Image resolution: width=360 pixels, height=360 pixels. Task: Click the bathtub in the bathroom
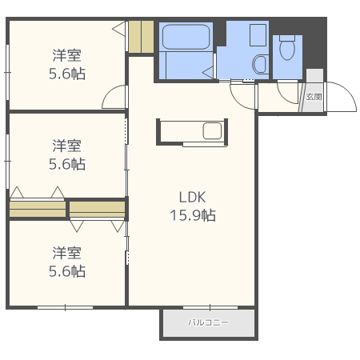pos(186,37)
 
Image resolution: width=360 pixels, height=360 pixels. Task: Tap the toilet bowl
pos(287,50)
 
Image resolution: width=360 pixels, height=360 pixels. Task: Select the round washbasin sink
pos(260,64)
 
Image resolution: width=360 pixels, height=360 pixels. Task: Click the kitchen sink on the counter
pos(212,131)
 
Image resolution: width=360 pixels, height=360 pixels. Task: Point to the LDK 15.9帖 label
pos(193,206)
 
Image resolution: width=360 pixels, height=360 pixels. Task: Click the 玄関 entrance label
pos(314,97)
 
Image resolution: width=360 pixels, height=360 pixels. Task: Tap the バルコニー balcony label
pos(208,322)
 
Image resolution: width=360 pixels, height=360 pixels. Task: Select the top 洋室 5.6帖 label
pos(67,64)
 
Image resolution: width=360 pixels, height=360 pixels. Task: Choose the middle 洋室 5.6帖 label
pos(67,154)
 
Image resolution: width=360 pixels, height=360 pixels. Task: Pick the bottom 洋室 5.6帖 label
pos(67,262)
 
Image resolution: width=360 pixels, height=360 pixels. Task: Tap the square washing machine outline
pos(258,35)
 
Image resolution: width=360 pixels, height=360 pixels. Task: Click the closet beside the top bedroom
pos(141,37)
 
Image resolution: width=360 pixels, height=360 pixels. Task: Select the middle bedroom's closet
pos(38,209)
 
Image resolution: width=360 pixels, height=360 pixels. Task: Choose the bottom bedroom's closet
pos(98,209)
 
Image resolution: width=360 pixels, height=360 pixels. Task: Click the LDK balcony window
pos(210,307)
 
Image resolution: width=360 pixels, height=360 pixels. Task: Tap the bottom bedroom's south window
pos(66,307)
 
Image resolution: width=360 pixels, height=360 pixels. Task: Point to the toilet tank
pos(287,38)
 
